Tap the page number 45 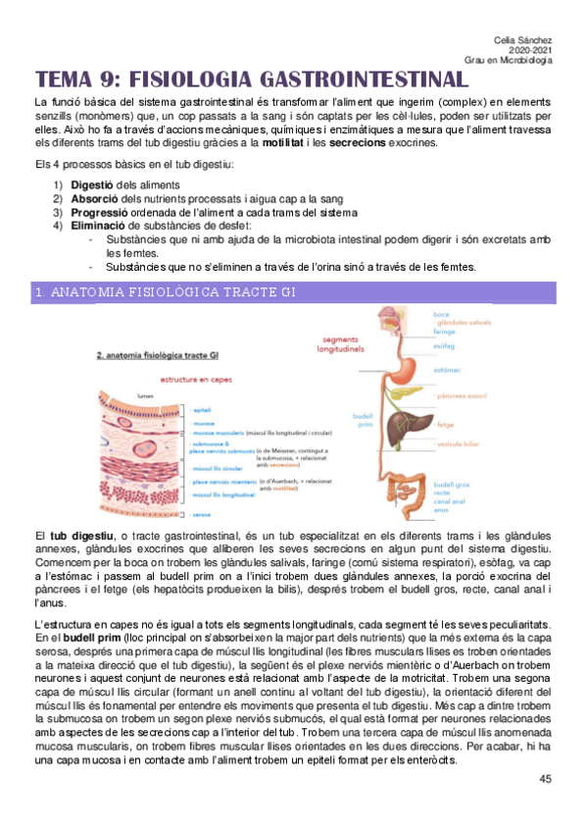pos(546,779)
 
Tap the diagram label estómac pos(448,370)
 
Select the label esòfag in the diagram pos(445,346)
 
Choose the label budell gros pos(452,485)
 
